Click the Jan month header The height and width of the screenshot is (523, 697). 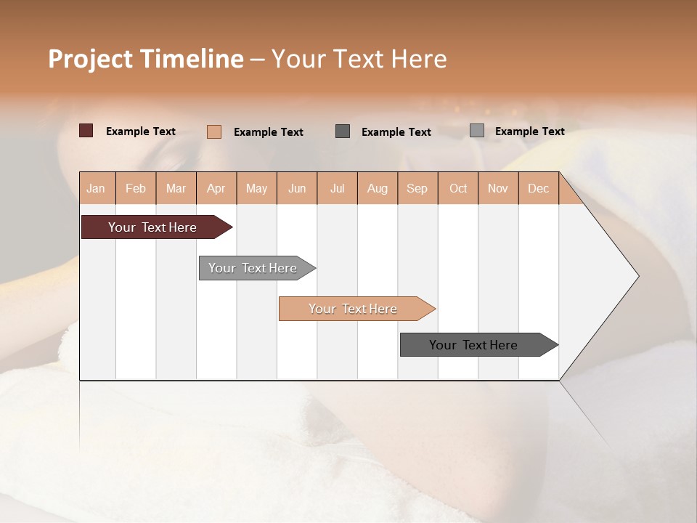[97, 188]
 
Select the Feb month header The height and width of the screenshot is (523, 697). [136, 188]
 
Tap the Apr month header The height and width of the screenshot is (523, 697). [216, 188]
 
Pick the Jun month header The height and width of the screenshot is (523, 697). [297, 188]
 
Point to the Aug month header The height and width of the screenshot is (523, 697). [378, 188]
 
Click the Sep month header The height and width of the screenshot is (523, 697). [417, 188]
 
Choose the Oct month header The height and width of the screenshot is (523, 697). [458, 188]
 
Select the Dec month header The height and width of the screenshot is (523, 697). [539, 188]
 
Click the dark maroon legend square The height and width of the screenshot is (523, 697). [86, 131]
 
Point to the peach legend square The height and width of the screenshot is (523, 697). [214, 131]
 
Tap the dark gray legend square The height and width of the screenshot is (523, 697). [343, 131]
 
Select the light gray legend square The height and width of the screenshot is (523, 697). [477, 131]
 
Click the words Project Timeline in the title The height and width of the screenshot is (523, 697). [146, 59]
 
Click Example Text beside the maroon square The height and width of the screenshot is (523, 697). [141, 131]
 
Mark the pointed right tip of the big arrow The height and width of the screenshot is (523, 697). [637, 276]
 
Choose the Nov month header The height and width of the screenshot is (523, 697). [498, 188]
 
